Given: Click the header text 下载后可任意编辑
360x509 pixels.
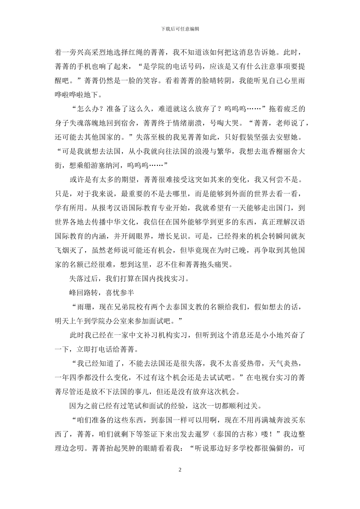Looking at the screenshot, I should (180, 29).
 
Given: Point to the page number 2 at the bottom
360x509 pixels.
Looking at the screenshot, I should (180, 470).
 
